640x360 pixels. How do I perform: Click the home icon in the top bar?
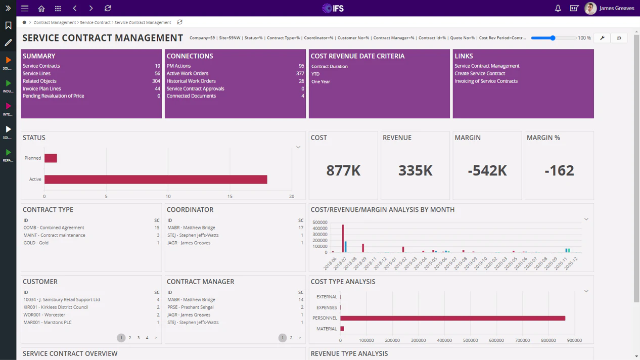coord(41,9)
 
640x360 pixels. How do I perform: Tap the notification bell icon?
coord(558,9)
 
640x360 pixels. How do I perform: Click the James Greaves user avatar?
coord(590,9)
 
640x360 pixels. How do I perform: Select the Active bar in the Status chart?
coord(156,179)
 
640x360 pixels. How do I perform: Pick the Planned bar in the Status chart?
coord(51,158)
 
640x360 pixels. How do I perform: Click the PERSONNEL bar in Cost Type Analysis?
coord(452,318)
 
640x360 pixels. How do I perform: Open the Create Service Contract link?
coord(479,73)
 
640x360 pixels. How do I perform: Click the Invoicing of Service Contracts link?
coord(486,81)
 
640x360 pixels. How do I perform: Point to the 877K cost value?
coord(343,170)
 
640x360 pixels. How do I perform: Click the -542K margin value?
coord(487,170)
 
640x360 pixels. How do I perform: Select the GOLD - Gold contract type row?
coord(36,243)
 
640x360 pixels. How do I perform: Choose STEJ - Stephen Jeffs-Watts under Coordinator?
coord(193,235)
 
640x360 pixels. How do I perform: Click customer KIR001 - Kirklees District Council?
coord(56,307)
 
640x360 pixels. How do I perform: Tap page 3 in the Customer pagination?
coord(139,338)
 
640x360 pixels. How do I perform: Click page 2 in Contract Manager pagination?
coord(291,338)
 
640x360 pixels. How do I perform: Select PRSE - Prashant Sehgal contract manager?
coord(190,307)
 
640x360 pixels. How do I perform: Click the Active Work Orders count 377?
coord(300,73)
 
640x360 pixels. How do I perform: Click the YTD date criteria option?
coord(315,74)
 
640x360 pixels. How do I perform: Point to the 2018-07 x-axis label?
coord(340,263)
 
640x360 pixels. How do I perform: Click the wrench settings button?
coord(602,38)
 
